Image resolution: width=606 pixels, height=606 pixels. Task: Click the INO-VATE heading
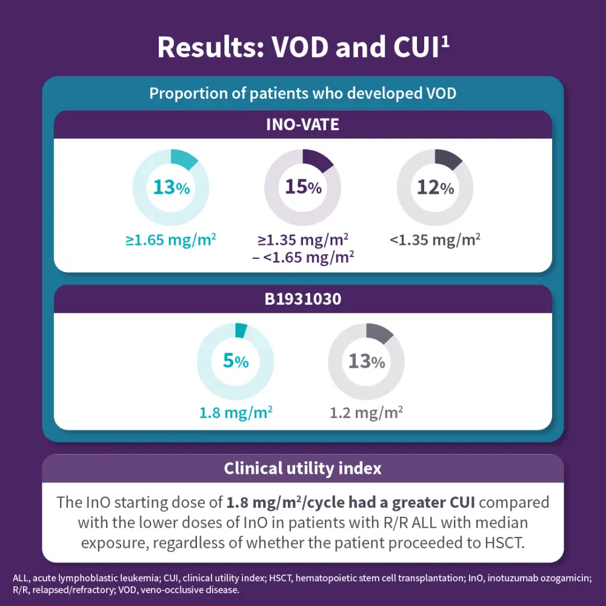pos(302,125)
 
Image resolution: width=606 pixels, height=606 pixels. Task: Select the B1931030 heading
pos(302,299)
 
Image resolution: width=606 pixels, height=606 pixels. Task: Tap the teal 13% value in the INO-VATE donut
pos(171,187)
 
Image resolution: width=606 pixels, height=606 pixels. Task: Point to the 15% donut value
pos(303,187)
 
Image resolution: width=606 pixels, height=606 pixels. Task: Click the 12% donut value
pos(435,188)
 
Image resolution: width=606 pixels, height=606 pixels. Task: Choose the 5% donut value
pos(236,361)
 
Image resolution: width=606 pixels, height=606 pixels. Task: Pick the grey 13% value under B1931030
pos(367,361)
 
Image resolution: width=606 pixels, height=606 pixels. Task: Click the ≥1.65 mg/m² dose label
pos(171,239)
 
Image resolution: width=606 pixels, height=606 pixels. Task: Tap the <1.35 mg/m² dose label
pos(435,239)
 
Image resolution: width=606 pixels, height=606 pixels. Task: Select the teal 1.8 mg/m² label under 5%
pos(236,413)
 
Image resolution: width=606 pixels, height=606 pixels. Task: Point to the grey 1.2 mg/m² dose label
pos(367,413)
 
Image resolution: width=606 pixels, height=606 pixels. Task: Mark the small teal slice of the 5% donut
pos(241,330)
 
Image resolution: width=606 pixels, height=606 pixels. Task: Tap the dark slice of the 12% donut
pos(449,159)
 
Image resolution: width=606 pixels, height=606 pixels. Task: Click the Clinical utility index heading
pos(302,468)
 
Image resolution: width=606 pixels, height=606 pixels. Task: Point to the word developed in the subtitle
pos(381,94)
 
